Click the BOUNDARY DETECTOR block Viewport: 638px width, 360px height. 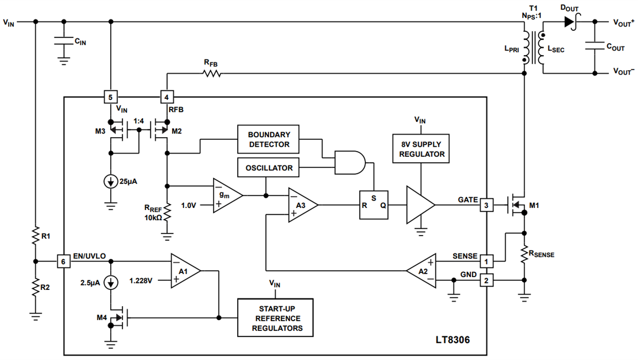(x=268, y=139)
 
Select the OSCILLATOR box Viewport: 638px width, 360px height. (x=268, y=168)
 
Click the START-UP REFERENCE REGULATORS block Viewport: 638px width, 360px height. (x=275, y=317)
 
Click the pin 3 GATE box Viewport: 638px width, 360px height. (x=485, y=205)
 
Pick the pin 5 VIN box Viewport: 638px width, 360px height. (x=110, y=97)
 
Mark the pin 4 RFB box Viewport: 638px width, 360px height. (x=167, y=97)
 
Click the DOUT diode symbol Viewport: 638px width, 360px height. (x=570, y=22)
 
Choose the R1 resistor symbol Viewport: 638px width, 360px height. (x=35, y=237)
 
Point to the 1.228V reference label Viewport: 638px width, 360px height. (x=142, y=279)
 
